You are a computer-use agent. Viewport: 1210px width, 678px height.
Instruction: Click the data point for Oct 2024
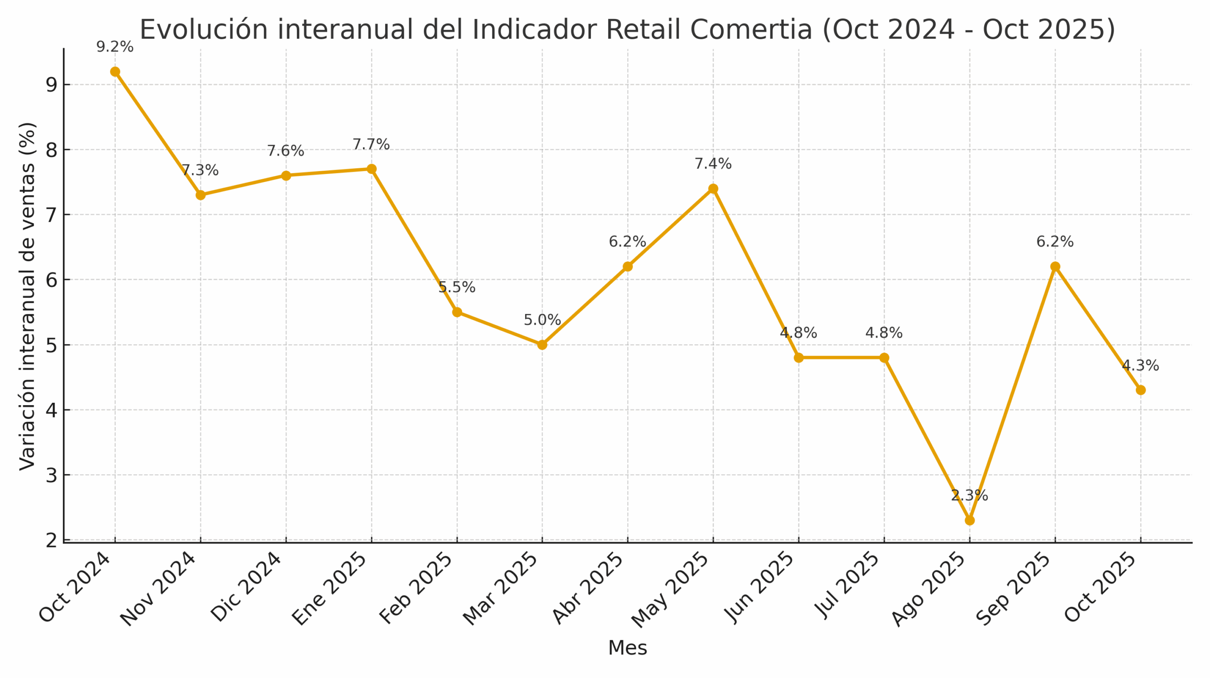[115, 72]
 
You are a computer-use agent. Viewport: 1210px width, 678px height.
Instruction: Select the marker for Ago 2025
[969, 520]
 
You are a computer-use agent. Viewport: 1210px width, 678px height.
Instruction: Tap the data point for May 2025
[713, 189]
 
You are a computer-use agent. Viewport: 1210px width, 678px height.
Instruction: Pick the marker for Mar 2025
[542, 345]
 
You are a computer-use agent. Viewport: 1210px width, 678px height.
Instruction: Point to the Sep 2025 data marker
[1055, 267]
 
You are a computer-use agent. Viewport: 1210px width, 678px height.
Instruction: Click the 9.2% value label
[115, 47]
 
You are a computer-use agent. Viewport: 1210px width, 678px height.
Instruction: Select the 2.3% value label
[969, 495]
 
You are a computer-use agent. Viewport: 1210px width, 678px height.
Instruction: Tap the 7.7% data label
[371, 144]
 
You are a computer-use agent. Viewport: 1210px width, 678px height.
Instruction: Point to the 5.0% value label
[542, 320]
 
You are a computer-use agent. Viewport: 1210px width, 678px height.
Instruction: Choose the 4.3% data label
[1141, 365]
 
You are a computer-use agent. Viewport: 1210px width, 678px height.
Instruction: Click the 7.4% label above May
[713, 164]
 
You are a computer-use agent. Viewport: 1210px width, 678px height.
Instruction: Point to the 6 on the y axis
[51, 280]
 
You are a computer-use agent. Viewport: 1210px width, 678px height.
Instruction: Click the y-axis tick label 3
[51, 475]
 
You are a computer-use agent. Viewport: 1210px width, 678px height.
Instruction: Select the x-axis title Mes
[627, 648]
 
